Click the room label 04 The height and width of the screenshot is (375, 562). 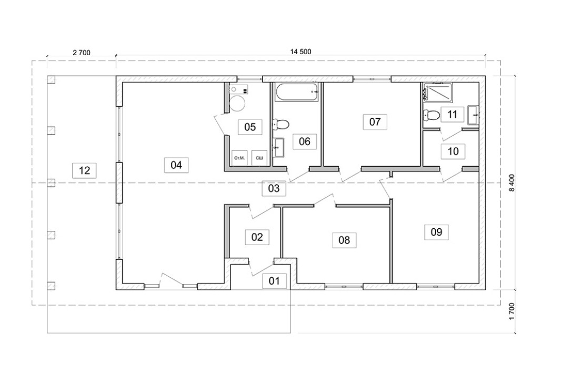tap(176, 165)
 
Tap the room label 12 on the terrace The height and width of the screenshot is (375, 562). tap(84, 170)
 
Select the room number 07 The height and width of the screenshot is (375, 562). tap(375, 122)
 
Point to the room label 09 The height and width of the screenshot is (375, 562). tap(436, 231)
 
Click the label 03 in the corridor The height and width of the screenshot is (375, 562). tap(274, 188)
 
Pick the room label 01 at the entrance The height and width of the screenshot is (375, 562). tap(274, 280)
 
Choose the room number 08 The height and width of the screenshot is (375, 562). tap(344, 240)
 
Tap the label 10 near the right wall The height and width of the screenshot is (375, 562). tap(453, 151)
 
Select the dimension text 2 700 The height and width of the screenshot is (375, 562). tap(82, 52)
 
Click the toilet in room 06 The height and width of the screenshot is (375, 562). tap(280, 125)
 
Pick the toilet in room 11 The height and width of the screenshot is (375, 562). tap(431, 114)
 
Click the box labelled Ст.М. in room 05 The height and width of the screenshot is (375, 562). tap(240, 157)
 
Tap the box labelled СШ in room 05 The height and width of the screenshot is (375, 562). tap(259, 157)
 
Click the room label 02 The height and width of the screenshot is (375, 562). tap(257, 237)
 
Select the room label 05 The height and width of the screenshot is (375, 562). tap(250, 127)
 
